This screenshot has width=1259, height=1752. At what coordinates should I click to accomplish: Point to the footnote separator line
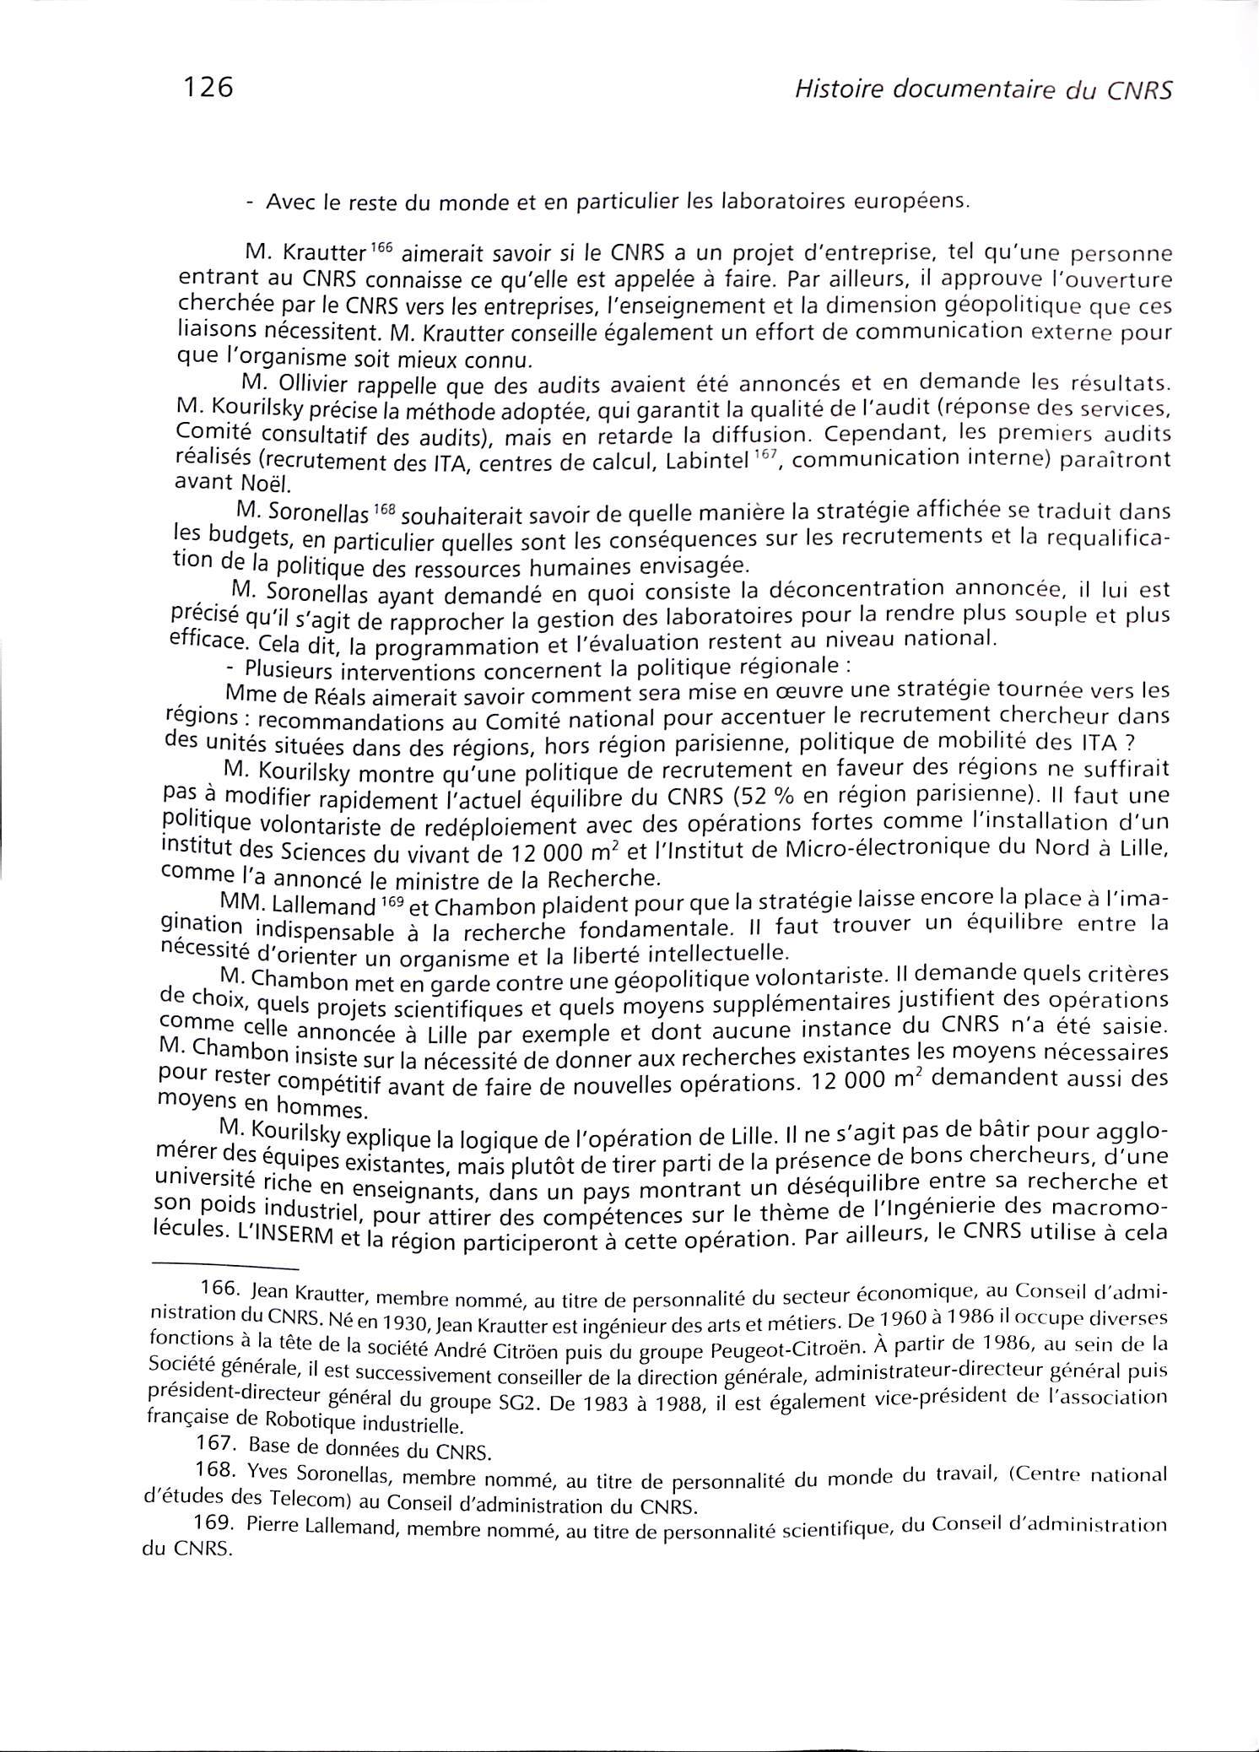pyautogui.click(x=224, y=1268)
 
